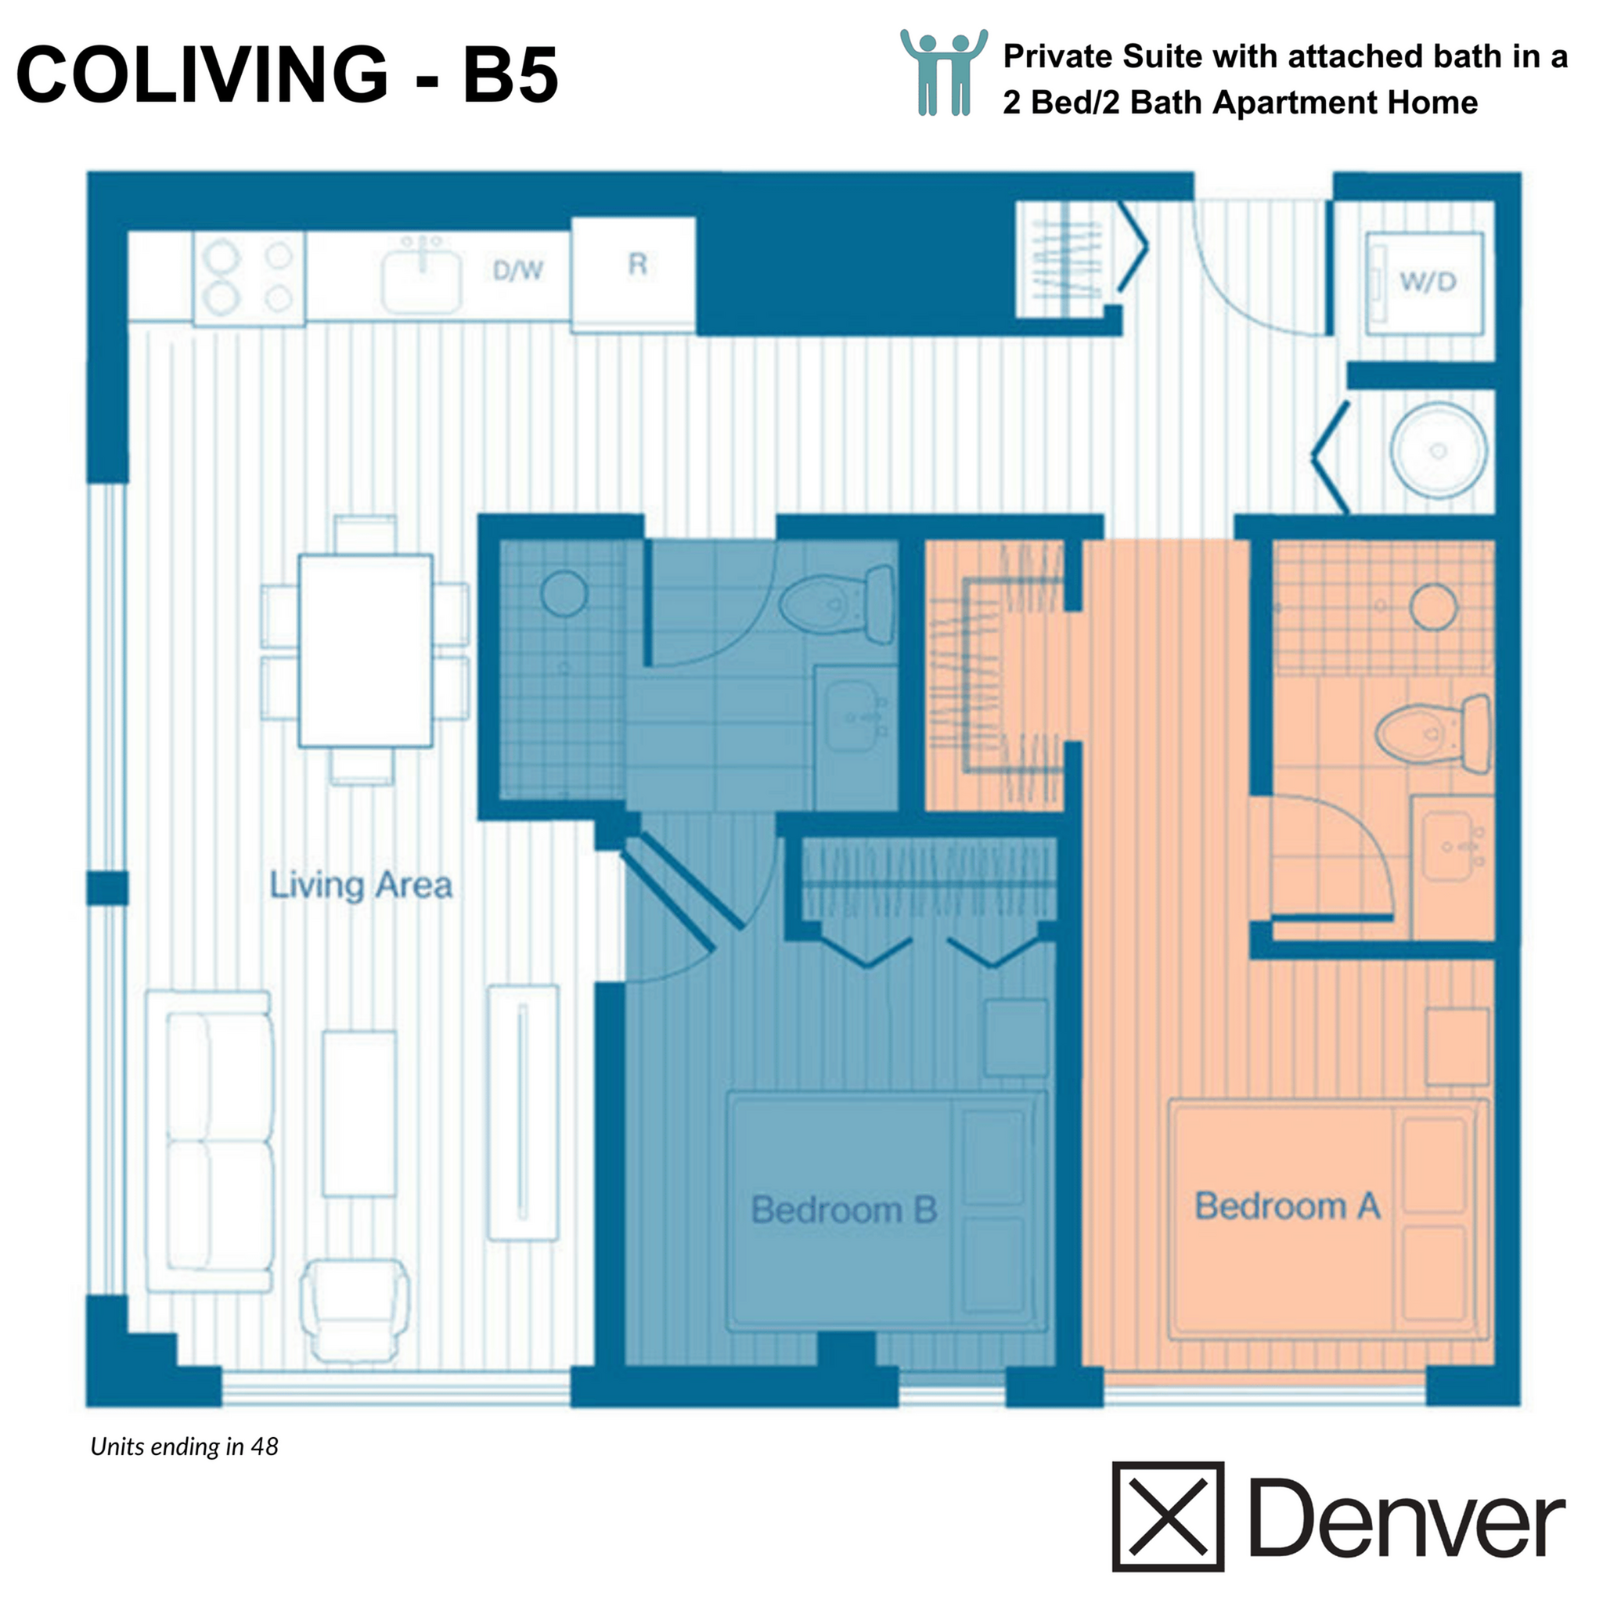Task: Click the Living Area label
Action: coord(361,885)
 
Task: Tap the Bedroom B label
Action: coord(844,1210)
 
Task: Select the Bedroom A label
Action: coord(1287,1205)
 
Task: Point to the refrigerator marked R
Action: coord(634,274)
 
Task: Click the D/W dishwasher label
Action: coord(517,270)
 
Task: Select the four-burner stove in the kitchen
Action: coord(249,277)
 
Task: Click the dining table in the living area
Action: coord(365,650)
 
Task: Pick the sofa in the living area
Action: coord(209,1141)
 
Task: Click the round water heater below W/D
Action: coord(1438,451)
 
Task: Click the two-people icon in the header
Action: coord(943,72)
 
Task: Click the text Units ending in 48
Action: coord(184,1446)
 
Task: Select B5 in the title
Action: coord(510,74)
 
